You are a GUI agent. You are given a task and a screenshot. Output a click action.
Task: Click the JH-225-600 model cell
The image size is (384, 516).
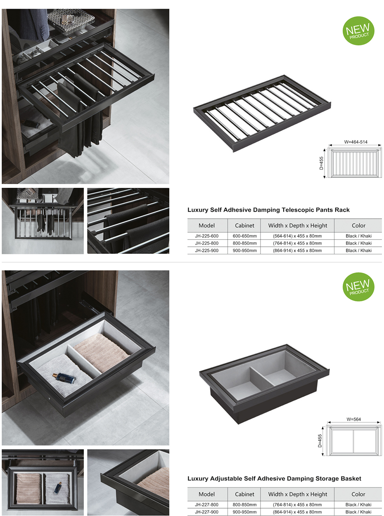tap(206, 236)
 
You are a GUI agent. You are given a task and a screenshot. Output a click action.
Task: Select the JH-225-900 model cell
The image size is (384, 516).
tap(206, 251)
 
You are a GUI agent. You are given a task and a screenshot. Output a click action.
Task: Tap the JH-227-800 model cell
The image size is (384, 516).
tap(206, 504)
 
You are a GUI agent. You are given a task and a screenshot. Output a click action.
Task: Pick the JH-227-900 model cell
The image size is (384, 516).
tap(206, 512)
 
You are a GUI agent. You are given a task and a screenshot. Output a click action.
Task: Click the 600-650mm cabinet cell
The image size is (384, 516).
tap(244, 236)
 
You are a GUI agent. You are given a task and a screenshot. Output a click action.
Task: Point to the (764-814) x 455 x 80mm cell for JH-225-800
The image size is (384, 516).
tap(297, 244)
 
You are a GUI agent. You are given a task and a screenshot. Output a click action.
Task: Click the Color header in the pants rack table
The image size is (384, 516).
tap(358, 226)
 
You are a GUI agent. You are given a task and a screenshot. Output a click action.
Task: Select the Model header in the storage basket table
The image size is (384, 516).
tap(206, 494)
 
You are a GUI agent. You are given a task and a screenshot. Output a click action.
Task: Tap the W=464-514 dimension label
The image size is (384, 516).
tap(356, 142)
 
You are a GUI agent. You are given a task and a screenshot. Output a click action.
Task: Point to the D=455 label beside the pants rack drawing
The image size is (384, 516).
tap(322, 163)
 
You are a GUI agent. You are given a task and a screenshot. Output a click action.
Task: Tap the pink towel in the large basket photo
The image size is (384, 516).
tap(102, 351)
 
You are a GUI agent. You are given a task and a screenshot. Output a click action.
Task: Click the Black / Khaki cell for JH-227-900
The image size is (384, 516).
tap(358, 512)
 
